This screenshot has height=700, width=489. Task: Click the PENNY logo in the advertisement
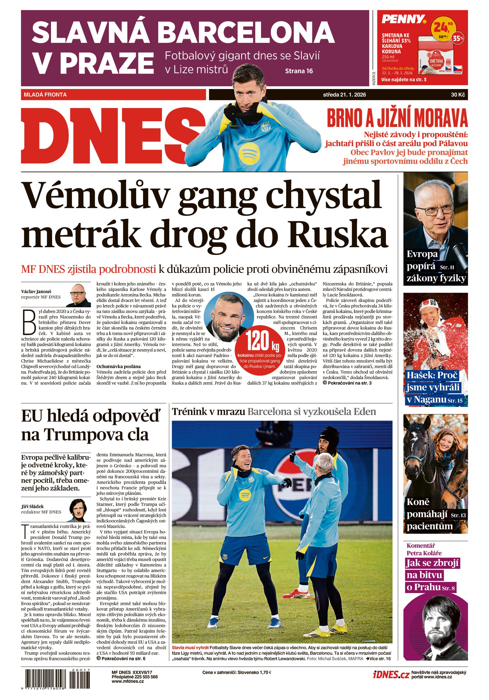pos(403,20)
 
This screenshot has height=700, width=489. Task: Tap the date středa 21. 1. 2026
pos(344,95)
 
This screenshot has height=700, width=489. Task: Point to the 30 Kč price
pos(458,95)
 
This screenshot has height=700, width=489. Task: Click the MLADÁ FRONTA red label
pos(45,95)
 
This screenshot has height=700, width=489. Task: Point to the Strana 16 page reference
pos(299,71)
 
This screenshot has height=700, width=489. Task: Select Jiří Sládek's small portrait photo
pos(80,510)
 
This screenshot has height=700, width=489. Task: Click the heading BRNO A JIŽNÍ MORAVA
pos(397,118)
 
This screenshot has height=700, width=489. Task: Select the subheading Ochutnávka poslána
pos(119,367)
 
